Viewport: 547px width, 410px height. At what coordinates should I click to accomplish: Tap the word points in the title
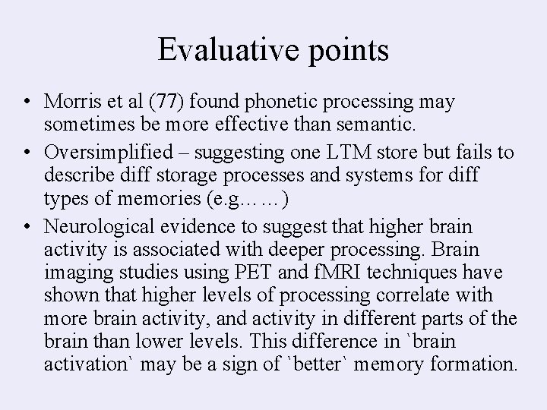(x=346, y=52)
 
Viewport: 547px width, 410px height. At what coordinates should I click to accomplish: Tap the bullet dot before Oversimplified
(x=27, y=153)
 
